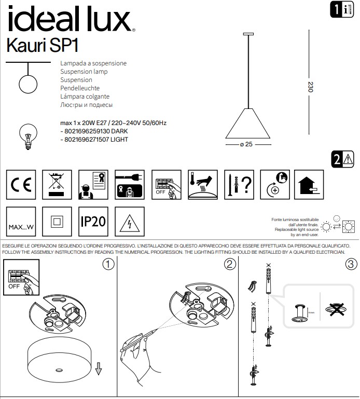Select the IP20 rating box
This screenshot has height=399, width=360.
point(93,222)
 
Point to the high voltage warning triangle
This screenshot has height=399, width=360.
point(130,222)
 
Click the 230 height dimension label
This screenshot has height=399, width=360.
point(311,87)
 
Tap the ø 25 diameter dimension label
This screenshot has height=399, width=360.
point(246,145)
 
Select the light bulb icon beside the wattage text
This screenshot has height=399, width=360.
point(27,135)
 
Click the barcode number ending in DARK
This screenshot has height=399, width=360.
point(94,131)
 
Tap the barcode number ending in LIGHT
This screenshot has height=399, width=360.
point(94,140)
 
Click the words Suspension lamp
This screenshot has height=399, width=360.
point(84,72)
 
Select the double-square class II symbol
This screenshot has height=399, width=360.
point(57,222)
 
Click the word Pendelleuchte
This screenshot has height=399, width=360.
point(80,88)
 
